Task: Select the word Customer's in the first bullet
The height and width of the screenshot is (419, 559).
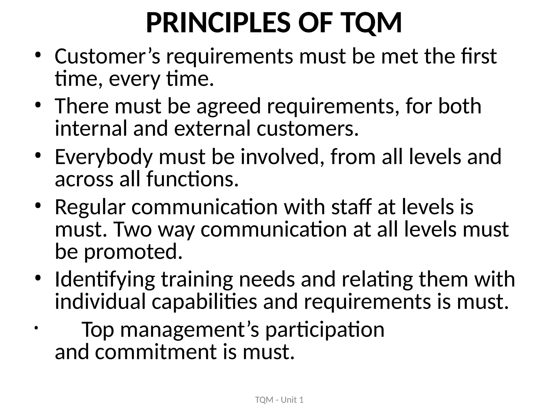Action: point(108,56)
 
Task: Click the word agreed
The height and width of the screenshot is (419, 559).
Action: point(229,106)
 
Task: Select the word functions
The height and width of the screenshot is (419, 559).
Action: point(192,179)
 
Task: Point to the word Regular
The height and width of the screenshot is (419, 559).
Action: point(90,207)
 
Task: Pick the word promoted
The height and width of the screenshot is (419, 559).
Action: point(133,252)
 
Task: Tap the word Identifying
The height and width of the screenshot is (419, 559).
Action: point(105,280)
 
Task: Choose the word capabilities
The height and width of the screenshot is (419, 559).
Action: point(204,302)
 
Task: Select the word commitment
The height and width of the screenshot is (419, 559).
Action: point(156,352)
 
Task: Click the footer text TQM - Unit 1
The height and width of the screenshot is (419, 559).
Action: point(279,400)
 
